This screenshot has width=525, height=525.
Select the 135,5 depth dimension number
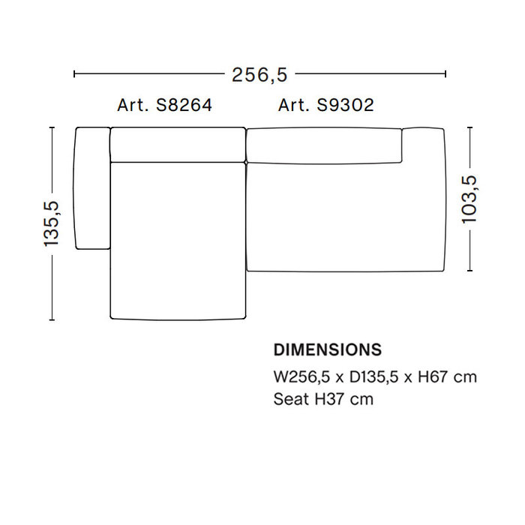tap(51, 223)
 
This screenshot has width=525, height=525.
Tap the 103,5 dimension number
tap(469, 199)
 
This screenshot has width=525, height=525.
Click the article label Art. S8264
tap(164, 106)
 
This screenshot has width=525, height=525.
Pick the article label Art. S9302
tap(326, 106)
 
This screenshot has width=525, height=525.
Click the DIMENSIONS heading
tap(327, 350)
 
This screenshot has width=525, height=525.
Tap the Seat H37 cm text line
tap(322, 399)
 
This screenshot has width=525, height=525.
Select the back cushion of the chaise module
tap(178, 145)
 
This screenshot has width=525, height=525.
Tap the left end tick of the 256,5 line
tap(74, 74)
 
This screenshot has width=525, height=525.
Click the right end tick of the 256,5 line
tap(445, 74)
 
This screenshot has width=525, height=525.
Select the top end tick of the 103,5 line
tap(469, 128)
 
